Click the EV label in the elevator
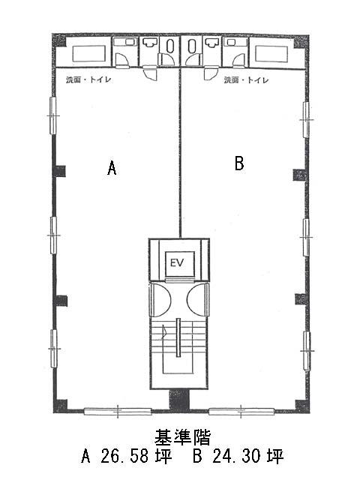(x=177, y=263)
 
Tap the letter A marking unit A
(x=112, y=168)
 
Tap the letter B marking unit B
(x=239, y=163)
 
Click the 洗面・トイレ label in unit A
(x=88, y=80)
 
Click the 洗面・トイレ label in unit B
(x=247, y=80)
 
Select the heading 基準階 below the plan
(x=183, y=437)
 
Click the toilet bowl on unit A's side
(x=170, y=46)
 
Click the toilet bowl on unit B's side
(x=192, y=46)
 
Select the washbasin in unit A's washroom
(x=150, y=43)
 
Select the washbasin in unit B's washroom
(x=211, y=43)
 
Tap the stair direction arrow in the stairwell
(x=164, y=331)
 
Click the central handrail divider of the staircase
(x=178, y=337)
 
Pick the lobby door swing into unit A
(x=160, y=300)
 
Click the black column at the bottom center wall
(x=180, y=400)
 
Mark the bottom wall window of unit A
(x=118, y=412)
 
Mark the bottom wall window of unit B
(x=241, y=412)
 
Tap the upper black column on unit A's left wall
(x=60, y=172)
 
